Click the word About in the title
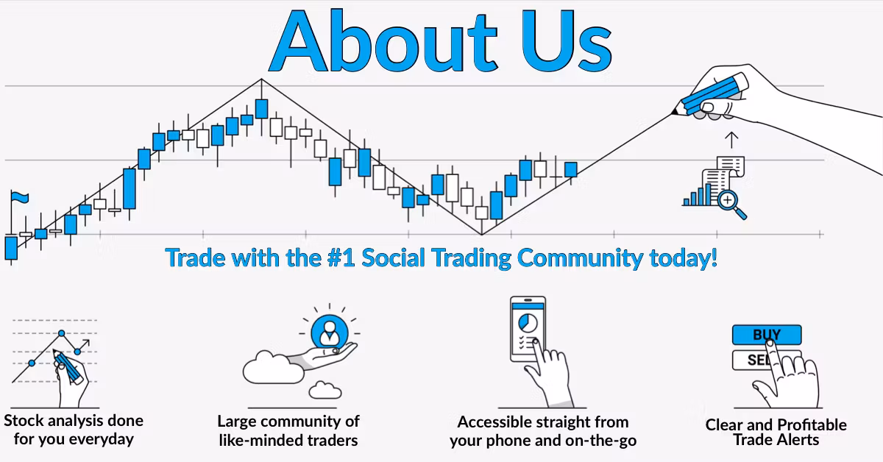[383, 40]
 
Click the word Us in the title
[566, 41]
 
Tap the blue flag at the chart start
[20, 197]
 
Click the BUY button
[767, 335]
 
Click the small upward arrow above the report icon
[731, 140]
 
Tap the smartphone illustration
[528, 329]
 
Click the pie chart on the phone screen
[528, 323]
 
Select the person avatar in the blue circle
[329, 333]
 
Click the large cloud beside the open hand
[273, 368]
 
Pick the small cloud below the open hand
[325, 390]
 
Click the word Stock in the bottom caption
[24, 421]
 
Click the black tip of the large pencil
[675, 112]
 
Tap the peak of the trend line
[261, 79]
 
